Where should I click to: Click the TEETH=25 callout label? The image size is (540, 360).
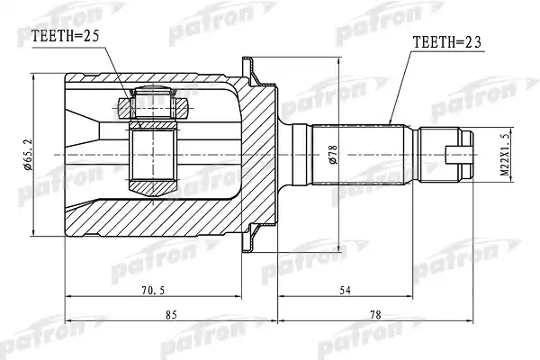pos(65,36)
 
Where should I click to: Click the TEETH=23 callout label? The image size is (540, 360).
pos(447,42)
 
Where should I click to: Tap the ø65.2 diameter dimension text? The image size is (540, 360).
pos(28,154)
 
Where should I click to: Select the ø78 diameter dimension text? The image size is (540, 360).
pos(334,154)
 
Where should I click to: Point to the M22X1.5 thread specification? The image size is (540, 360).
pos(505,155)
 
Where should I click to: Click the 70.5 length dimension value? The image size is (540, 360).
pos(153,291)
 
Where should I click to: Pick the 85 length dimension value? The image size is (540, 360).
pos(171,315)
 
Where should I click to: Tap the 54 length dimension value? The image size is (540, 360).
pos(345,291)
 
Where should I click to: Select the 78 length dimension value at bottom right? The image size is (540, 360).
pos(375,315)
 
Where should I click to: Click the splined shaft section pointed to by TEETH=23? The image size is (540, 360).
pos(358,154)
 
